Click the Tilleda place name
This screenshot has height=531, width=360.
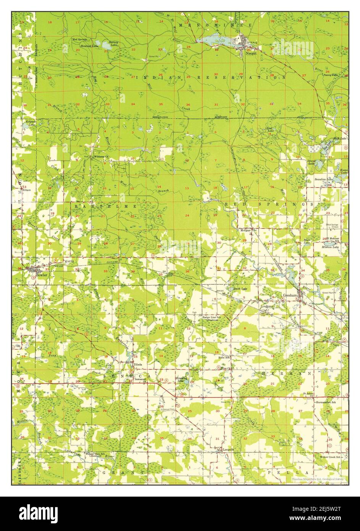(137, 365)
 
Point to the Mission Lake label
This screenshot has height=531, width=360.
(332, 247)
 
